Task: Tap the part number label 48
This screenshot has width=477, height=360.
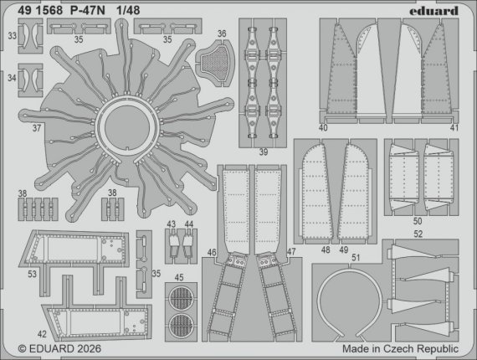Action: pos(321,249)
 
